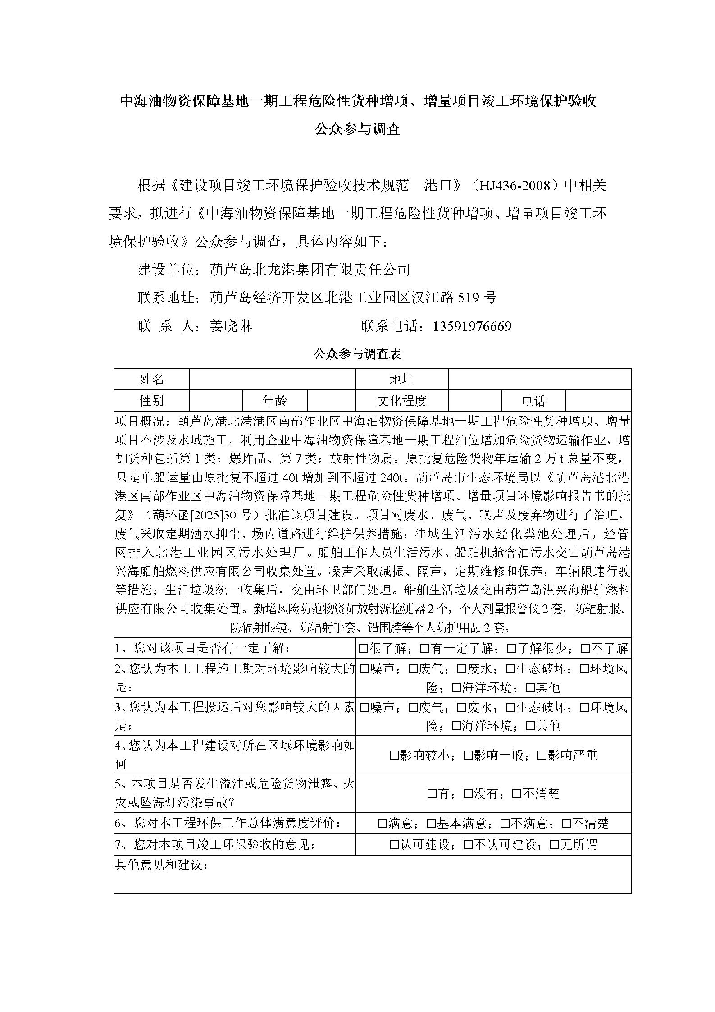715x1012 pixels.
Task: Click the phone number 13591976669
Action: [472, 326]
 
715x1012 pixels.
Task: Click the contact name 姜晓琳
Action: [231, 326]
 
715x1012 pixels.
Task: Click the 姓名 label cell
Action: [152, 379]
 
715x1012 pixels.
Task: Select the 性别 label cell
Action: [152, 400]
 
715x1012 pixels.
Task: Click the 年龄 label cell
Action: [275, 400]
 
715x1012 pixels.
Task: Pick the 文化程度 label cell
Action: [402, 400]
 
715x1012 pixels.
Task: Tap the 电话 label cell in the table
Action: [533, 400]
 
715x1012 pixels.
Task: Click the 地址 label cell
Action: [402, 379]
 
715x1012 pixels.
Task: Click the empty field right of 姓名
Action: [273, 379]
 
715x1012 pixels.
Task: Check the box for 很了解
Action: [364, 649]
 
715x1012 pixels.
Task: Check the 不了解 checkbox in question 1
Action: [585, 649]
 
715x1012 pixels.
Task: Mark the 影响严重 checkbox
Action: [542, 755]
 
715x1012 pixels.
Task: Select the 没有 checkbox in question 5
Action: [468, 793]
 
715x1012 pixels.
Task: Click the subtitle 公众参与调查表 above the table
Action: [357, 354]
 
